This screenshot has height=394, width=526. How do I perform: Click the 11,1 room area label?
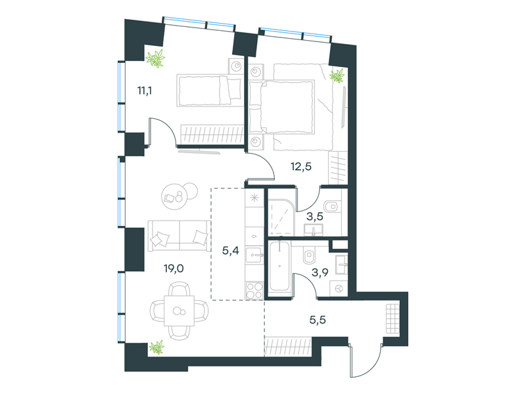(x=145, y=91)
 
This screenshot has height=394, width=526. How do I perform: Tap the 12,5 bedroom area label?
(x=301, y=166)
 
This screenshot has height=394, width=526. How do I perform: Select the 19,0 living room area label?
(x=174, y=269)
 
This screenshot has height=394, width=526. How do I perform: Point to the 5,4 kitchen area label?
(x=231, y=250)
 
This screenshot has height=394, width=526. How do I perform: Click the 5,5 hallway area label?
(x=318, y=320)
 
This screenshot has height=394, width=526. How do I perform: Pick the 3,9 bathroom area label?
(x=320, y=273)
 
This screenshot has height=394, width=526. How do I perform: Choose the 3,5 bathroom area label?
(x=315, y=217)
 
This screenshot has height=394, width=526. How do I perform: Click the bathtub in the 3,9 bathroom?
(x=279, y=267)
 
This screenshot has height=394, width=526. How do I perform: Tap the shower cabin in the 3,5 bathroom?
(x=281, y=217)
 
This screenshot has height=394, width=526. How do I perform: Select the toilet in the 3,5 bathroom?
(x=332, y=206)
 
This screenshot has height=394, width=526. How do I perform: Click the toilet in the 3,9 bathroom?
(x=309, y=256)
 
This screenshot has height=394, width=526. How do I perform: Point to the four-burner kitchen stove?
(x=254, y=290)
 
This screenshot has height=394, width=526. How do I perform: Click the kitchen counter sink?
(x=254, y=255)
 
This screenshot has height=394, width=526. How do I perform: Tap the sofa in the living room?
(x=179, y=235)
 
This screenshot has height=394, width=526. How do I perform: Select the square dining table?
(x=179, y=311)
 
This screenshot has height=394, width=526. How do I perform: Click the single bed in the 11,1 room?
(x=209, y=91)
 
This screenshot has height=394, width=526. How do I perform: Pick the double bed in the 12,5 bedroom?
(x=282, y=107)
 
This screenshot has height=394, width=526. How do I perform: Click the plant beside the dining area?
(x=156, y=347)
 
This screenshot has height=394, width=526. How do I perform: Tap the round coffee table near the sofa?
(x=174, y=198)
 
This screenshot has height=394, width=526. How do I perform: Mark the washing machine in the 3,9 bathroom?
(x=339, y=288)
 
